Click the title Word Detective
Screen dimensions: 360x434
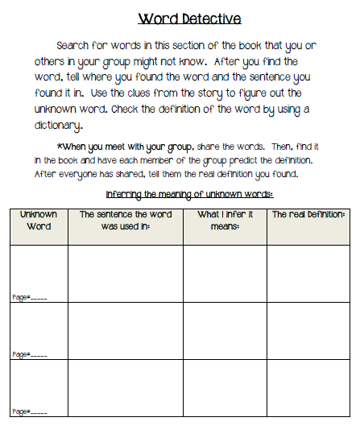189,18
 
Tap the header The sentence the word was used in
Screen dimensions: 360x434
126,221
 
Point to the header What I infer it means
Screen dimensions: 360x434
225,221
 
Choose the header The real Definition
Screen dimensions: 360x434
308,215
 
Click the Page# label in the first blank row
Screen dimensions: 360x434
29,298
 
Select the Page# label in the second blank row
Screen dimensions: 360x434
29,355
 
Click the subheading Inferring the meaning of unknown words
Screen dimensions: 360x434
189,196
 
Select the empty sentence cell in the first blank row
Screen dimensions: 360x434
126,273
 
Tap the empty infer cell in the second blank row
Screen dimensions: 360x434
225,330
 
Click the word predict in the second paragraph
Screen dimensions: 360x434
235,159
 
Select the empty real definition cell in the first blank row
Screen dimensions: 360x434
308,273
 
